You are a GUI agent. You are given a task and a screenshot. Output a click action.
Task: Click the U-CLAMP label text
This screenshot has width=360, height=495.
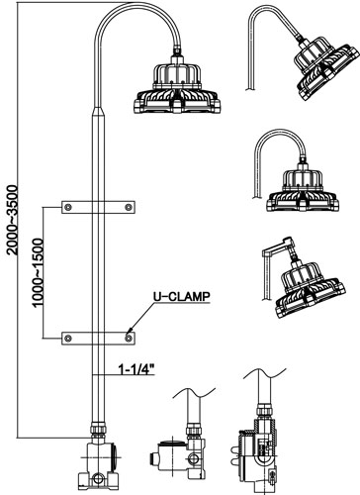click(181, 296)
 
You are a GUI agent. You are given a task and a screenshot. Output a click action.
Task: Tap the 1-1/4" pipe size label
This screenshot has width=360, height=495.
click(136, 369)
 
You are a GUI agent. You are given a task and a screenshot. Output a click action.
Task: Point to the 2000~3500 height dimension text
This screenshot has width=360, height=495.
click(12, 220)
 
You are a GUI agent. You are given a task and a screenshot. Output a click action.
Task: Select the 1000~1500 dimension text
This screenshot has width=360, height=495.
click(38, 272)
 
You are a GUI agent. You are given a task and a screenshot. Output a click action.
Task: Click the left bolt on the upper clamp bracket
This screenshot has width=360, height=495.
click(68, 207)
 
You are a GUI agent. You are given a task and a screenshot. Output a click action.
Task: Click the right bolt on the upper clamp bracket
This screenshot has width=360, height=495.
click(129, 207)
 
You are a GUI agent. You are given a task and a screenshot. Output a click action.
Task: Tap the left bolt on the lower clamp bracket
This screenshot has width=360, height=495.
click(68, 339)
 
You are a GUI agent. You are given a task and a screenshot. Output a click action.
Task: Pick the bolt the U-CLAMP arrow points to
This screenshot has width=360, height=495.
click(129, 338)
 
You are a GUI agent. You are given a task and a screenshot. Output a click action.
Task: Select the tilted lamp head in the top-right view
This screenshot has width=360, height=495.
click(325, 66)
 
